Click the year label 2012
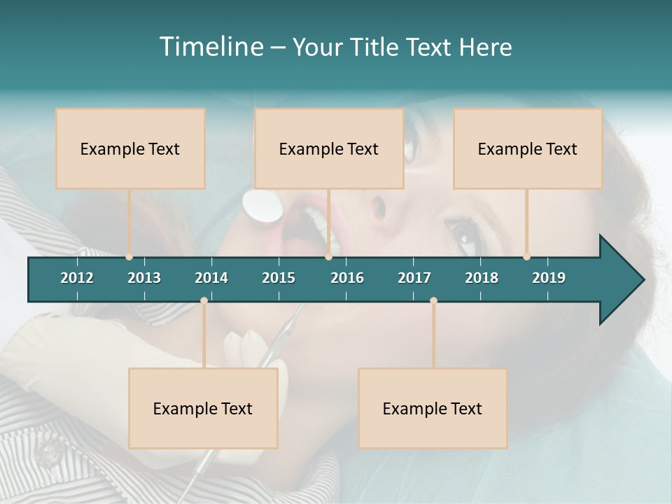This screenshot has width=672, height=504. (77, 278)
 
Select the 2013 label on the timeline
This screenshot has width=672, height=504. (144, 278)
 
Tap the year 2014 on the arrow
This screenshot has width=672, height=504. (211, 278)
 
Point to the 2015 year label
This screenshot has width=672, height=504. (279, 278)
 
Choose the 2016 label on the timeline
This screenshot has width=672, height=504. (347, 278)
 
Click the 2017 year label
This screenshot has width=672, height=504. (414, 278)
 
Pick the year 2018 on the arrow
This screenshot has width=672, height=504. (482, 278)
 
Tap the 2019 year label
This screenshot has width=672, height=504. (549, 278)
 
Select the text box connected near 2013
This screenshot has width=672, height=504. (130, 148)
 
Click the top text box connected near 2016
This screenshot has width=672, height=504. (329, 148)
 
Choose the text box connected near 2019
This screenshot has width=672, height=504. (528, 148)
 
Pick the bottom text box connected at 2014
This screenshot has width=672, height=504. (203, 408)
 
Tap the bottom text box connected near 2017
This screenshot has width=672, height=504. (433, 408)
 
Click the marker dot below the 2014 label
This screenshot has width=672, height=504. (204, 300)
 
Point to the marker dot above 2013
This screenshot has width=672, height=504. (129, 257)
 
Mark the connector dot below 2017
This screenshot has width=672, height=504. (433, 300)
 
